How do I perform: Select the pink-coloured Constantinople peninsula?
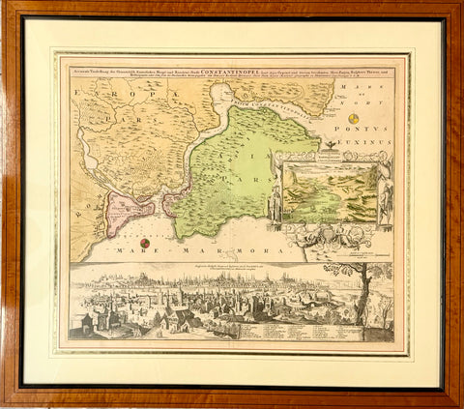(x=128, y=209)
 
